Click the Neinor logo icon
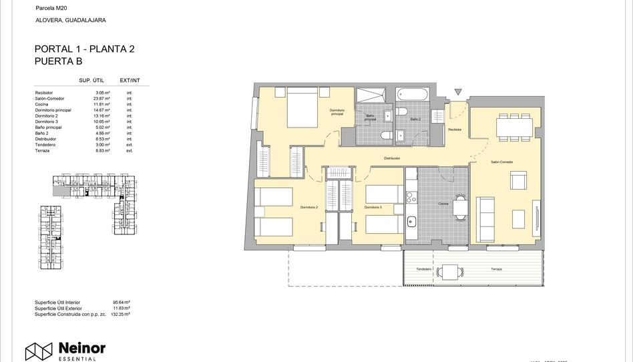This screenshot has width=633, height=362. click(x=39, y=351)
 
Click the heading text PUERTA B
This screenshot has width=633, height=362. click(x=58, y=61)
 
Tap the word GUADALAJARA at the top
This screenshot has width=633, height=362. click(x=86, y=21)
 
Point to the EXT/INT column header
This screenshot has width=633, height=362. click(x=130, y=80)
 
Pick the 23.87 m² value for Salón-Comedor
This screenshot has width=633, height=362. click(x=101, y=98)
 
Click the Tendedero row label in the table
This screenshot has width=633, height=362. click(x=45, y=145)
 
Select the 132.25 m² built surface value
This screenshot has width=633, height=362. click(x=121, y=314)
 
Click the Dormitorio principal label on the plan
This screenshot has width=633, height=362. click(x=337, y=112)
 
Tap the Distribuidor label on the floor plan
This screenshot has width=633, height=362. click(x=391, y=158)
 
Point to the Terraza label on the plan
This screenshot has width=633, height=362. click(x=495, y=269)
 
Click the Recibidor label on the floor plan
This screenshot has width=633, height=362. click(x=455, y=129)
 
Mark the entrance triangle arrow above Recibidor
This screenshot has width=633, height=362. click(x=457, y=92)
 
